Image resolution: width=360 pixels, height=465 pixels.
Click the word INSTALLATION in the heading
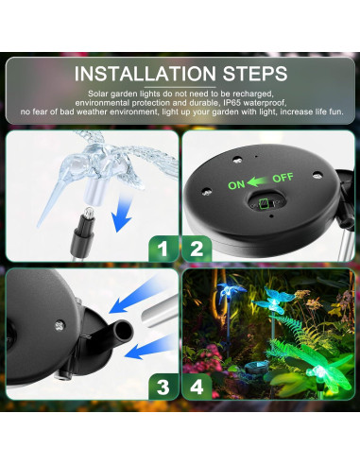coord(146,74)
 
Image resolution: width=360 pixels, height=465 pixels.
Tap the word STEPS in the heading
coord(255,74)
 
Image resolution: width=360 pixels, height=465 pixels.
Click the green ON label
coord(236,185)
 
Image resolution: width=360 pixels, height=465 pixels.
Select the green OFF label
coord(283,178)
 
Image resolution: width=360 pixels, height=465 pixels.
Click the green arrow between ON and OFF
coord(258,181)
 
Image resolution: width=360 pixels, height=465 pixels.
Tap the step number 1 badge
coord(163,249)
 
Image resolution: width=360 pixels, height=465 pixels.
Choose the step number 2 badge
coord(197,249)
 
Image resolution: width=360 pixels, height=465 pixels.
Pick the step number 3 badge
coord(163,387)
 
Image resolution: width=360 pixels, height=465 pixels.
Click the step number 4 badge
coord(197,387)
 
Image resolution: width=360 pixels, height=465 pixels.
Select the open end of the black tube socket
coord(124,331)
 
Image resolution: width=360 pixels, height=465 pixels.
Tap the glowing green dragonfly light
coord(315,368)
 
